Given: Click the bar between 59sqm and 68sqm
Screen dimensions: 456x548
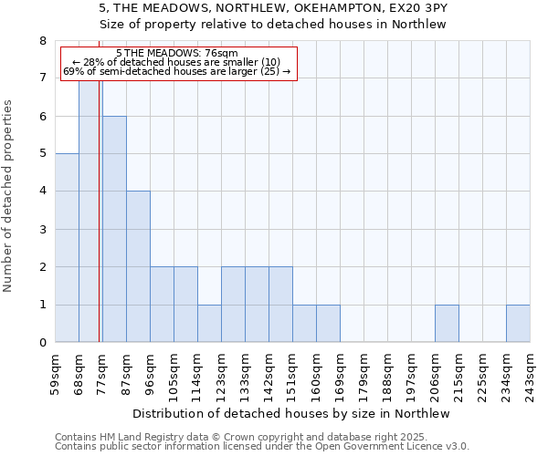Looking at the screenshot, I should [x=67, y=248].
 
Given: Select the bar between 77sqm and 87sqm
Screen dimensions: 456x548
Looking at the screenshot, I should [x=114, y=229].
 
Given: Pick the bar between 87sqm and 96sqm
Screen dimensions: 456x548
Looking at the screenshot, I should [x=138, y=266].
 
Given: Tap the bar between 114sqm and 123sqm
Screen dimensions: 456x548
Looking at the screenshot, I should [x=209, y=324].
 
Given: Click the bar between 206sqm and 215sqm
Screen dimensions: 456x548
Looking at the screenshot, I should [x=447, y=324].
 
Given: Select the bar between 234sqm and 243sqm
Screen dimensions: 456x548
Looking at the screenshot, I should [x=518, y=324].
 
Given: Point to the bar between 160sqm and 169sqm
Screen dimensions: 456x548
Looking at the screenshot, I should [x=328, y=324].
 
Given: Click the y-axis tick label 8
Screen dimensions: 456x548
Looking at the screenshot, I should [x=42, y=41].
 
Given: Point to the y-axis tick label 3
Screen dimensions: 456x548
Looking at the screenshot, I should [x=42, y=229].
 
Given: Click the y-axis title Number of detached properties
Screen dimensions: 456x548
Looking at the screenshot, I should [x=9, y=197].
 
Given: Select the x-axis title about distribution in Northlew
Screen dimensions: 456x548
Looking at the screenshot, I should [x=292, y=413].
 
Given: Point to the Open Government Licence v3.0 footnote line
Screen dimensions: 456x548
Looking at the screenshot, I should [x=262, y=447].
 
